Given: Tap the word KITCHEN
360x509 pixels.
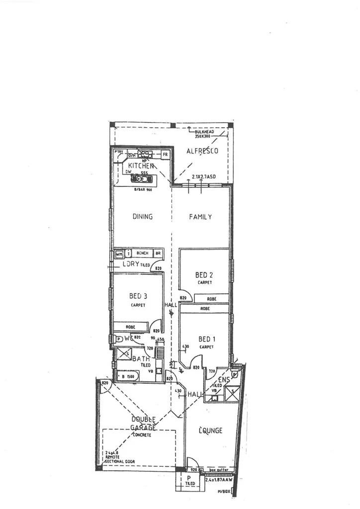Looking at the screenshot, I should pos(144,166).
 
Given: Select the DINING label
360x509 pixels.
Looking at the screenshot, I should pos(142,217).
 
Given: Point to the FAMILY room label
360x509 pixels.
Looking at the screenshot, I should pos(200,217).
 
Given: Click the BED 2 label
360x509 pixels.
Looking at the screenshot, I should pos(204,274).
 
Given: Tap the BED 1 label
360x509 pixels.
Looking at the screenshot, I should pos(204,339).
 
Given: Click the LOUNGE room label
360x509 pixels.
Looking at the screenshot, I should pos(211,430).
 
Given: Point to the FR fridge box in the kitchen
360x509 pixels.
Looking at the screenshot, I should pos(165,155).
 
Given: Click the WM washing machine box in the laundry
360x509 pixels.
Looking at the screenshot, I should pos(119,254).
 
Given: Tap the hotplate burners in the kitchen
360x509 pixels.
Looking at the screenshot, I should pos(145,154).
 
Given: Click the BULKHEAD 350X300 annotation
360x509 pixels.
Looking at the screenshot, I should pos(205,134).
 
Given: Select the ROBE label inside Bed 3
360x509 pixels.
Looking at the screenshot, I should pos(131,327).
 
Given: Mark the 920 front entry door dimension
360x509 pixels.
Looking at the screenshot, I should pos(195,469).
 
